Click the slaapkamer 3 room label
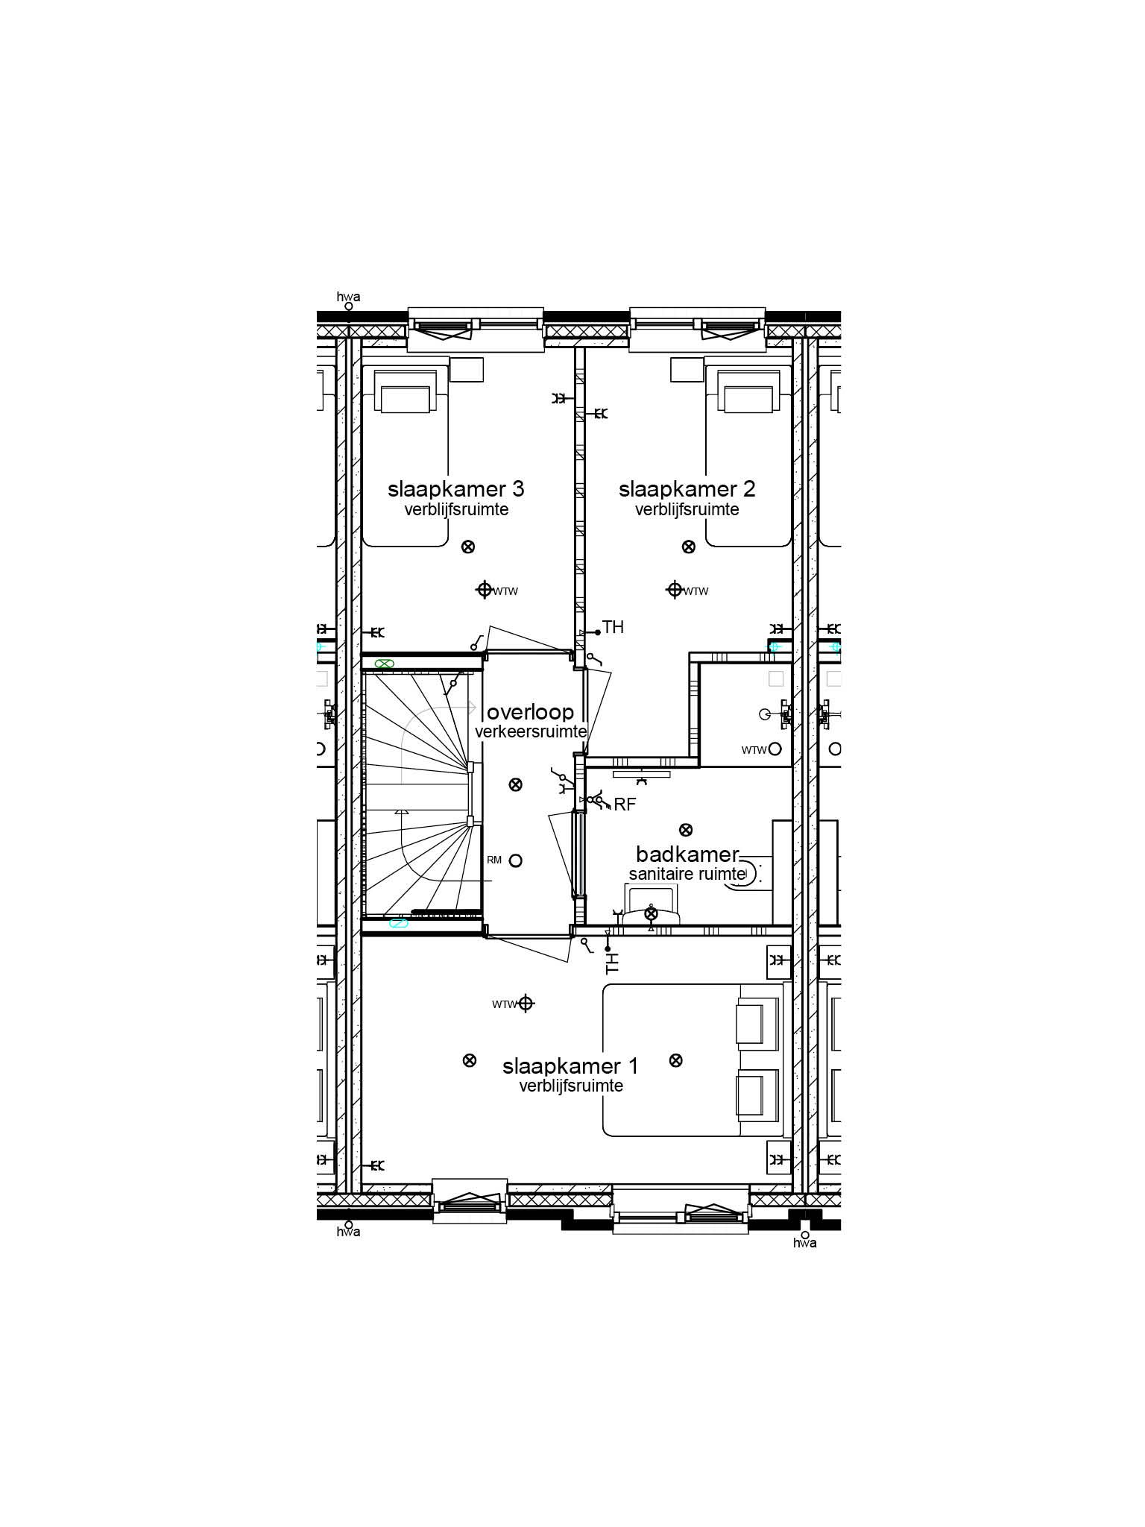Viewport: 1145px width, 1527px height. coord(455,489)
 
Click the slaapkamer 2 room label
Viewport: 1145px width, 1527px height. coord(687,489)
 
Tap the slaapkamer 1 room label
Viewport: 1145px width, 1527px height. coord(570,1066)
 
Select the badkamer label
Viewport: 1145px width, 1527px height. coord(687,854)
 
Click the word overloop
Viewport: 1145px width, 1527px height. coord(530,712)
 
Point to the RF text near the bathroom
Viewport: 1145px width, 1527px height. coord(624,805)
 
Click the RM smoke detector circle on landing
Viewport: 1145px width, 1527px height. coord(515,860)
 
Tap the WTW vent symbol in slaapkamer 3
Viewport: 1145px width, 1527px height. coord(485,590)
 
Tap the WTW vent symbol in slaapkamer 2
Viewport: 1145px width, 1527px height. coord(675,590)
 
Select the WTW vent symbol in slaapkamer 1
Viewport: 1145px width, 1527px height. coord(526,1004)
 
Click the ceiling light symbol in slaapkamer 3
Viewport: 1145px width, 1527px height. coord(468,547)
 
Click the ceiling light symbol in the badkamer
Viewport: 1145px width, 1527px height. coord(685,830)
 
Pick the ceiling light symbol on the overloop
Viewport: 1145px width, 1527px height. coord(515,784)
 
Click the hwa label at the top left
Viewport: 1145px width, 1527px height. coord(348,297)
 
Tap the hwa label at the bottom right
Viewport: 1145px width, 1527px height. coord(804,1243)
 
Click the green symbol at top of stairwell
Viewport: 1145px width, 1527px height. coord(384,663)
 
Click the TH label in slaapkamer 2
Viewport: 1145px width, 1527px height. coord(613,628)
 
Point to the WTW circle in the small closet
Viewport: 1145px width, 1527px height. coord(775,749)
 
